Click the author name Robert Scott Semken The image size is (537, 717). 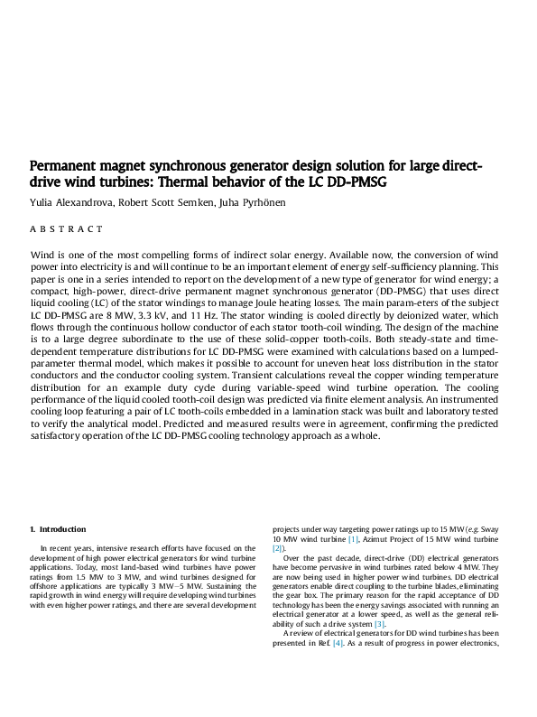coord(165,203)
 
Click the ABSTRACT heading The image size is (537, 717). coord(67,229)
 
